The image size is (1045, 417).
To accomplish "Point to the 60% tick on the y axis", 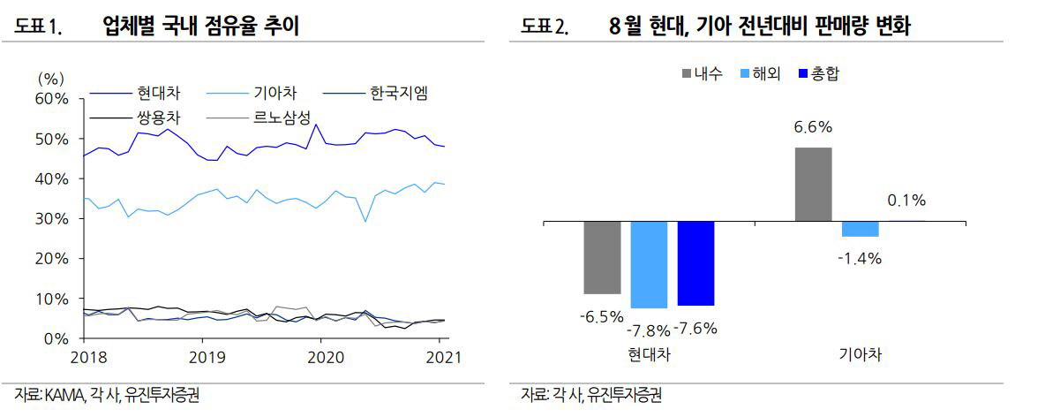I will (x=51, y=99).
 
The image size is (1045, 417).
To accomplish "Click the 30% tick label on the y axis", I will (x=51, y=218).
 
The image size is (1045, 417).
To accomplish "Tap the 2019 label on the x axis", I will (x=202, y=357).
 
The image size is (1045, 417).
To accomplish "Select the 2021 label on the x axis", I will (x=442, y=357).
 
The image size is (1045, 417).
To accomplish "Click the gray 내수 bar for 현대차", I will (x=602, y=257).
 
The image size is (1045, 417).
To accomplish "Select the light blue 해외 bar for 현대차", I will (x=649, y=264).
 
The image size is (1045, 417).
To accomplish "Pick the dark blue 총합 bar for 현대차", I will (x=695, y=263).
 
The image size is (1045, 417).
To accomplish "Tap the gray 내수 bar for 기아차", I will (x=813, y=184).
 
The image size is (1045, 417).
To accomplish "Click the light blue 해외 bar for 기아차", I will (x=860, y=229).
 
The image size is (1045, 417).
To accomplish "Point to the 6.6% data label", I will (x=813, y=127).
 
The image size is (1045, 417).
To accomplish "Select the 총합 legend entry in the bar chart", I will (x=818, y=73).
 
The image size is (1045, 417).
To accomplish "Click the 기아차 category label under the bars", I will (x=860, y=356).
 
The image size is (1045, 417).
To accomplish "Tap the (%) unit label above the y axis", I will (x=51, y=80).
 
